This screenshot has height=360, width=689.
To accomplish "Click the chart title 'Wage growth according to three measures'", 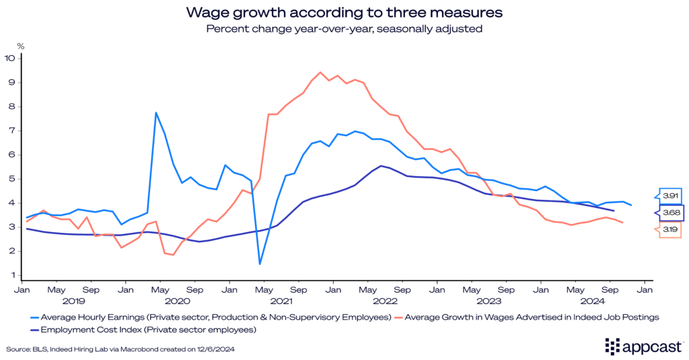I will pos(344,12).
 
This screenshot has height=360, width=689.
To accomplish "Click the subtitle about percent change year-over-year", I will pos(344,28).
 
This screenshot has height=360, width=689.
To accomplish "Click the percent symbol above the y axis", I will pos(20,46).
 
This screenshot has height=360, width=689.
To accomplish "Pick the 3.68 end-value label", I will pos(672,213).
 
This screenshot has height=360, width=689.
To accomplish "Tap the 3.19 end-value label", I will pos(670,230).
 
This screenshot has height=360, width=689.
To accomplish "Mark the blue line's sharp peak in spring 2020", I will pos(156,112).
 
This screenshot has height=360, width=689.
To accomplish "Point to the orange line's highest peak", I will pos(320,72).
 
